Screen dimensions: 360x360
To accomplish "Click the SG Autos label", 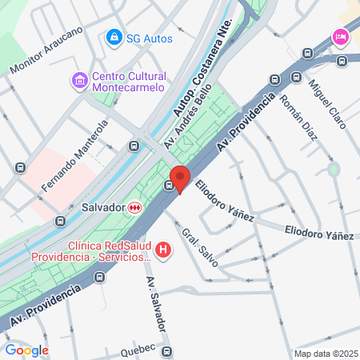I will click(150, 38).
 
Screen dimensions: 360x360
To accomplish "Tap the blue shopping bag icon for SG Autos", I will click(114, 38).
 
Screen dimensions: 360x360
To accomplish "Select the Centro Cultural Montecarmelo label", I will click(128, 81).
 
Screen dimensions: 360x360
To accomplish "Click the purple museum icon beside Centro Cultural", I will click(78, 81).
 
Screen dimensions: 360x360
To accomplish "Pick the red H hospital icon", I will click(164, 251).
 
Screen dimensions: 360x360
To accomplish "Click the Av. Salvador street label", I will click(155, 305).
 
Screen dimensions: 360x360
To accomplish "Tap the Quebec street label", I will click(138, 350).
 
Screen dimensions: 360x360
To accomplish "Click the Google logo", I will click(26, 350).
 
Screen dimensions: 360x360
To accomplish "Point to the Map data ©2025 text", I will click(325, 354).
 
